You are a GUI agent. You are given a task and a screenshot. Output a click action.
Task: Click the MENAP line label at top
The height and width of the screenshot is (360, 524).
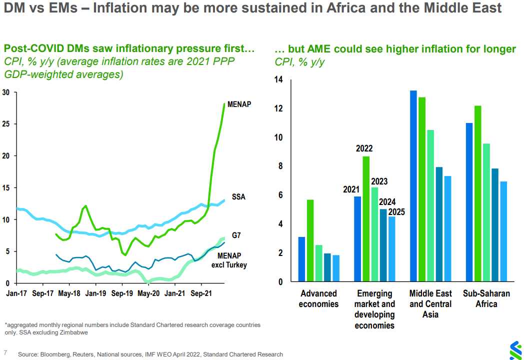239,104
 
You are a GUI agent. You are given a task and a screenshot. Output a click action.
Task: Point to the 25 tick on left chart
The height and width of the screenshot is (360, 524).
5,124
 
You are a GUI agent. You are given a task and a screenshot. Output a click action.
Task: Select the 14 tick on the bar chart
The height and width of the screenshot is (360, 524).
278,80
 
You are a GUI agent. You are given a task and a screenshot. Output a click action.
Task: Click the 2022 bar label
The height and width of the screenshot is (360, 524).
364,148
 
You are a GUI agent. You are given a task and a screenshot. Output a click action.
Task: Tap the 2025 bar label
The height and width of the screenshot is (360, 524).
396,211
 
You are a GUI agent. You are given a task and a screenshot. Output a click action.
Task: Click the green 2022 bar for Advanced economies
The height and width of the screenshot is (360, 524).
310,240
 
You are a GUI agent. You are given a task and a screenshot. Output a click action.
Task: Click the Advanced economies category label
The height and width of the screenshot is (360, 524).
318,298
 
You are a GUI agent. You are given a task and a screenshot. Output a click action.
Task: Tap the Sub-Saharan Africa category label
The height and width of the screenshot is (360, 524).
486,298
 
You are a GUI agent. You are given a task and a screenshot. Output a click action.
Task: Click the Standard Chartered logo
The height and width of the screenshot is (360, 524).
514,350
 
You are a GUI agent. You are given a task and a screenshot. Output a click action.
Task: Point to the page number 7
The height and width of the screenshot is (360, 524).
5,352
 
